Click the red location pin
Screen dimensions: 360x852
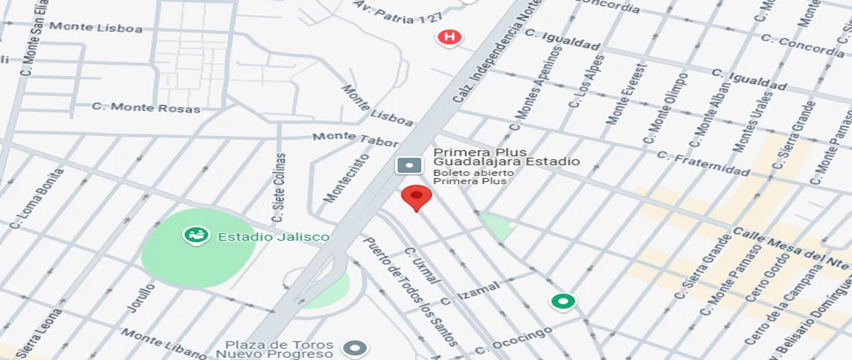point(416,197)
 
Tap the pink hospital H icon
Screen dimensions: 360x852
point(449,36)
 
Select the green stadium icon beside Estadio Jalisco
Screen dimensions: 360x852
point(194,235)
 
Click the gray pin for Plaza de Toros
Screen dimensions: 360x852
point(354,348)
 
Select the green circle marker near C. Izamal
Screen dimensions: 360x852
point(564,302)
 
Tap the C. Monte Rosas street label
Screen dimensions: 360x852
point(146,107)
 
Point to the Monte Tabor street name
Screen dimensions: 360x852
point(355,138)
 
